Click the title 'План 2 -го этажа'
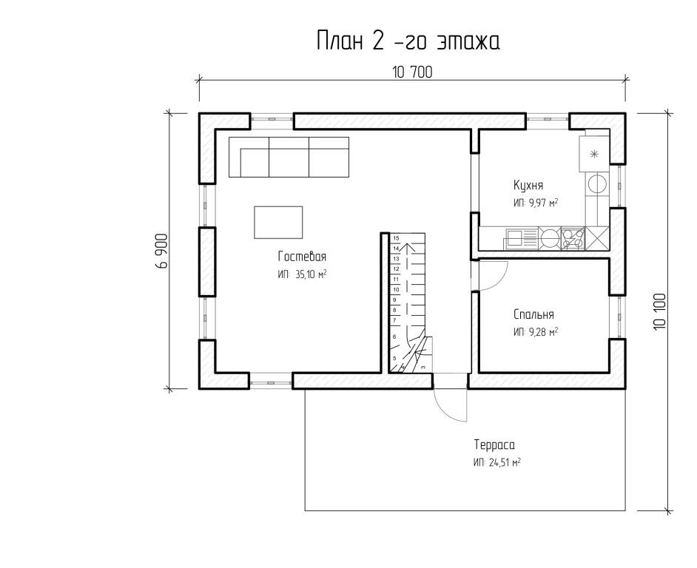pos(408,41)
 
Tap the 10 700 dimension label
pos(412,72)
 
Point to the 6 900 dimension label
pos(162,251)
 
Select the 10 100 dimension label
pos(660,311)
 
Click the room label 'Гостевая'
pos(303,257)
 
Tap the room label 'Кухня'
pos(528,184)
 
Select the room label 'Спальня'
pos(533,314)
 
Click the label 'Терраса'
pos(494,444)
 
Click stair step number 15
pos(396,238)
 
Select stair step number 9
pos(394,300)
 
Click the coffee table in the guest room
pos(278,222)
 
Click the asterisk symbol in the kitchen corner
pos(593,155)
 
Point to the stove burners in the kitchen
pos(573,238)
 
